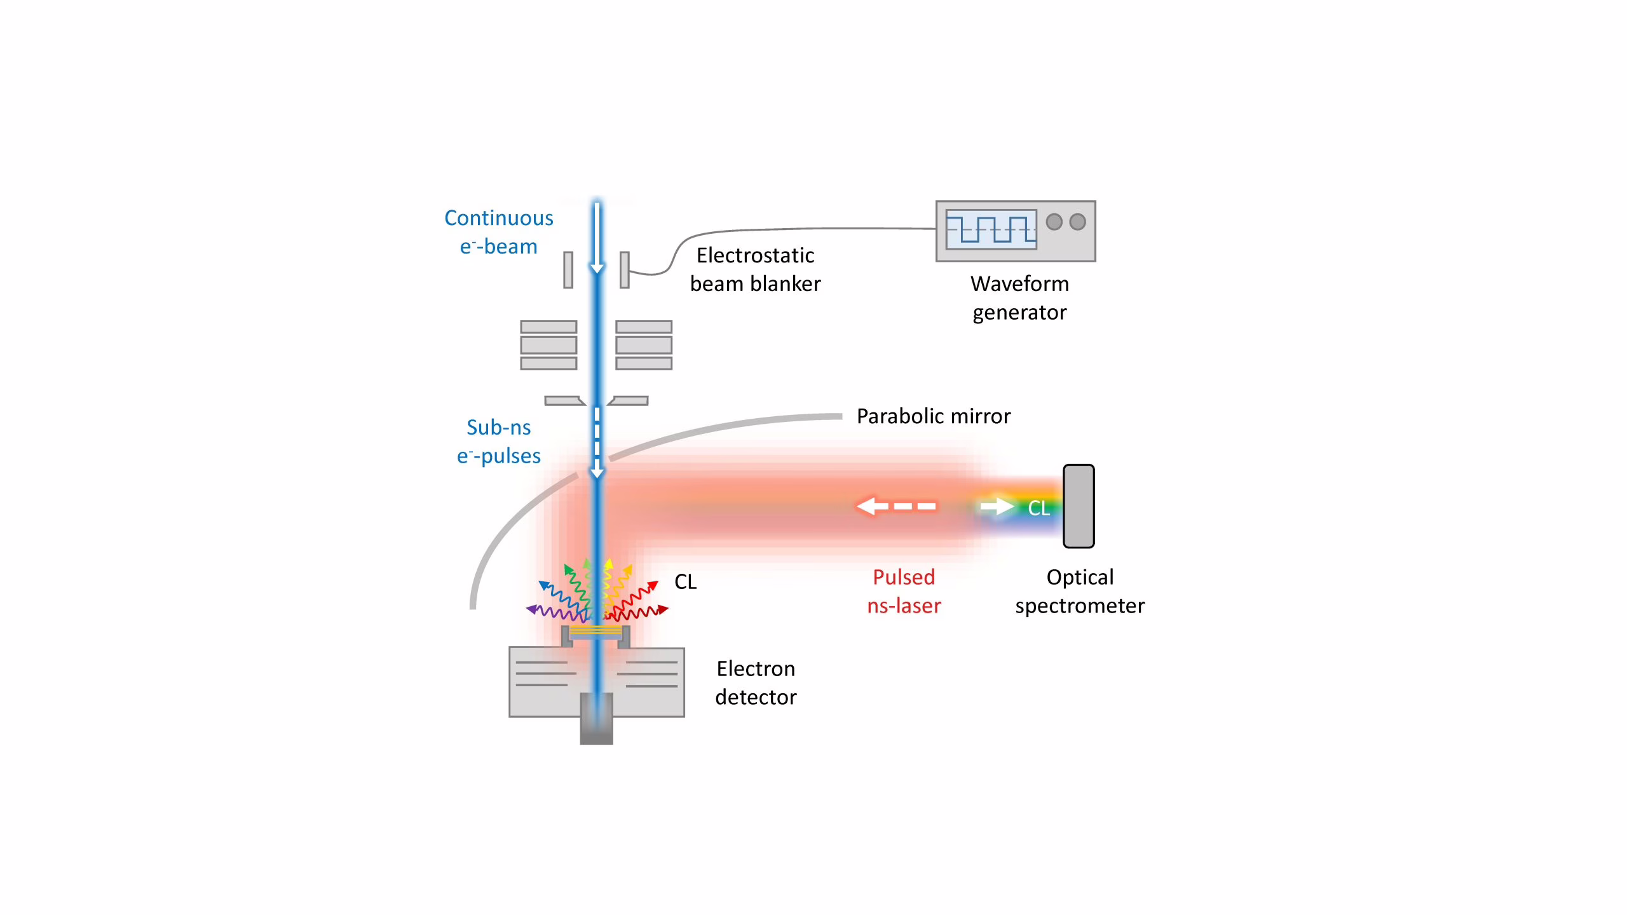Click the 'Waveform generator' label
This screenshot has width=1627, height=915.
(x=1019, y=298)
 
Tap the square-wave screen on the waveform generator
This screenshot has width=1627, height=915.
(x=991, y=229)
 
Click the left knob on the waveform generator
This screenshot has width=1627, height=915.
(x=1054, y=222)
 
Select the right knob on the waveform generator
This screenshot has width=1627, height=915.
(x=1077, y=222)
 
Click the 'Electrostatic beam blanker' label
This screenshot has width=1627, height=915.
(x=755, y=269)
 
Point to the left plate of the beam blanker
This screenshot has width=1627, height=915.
(x=568, y=270)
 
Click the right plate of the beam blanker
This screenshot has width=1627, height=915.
(x=625, y=270)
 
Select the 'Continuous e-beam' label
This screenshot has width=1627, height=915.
(x=499, y=232)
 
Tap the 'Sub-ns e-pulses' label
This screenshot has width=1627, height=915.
(x=499, y=442)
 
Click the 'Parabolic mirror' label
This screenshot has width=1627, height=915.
(x=934, y=416)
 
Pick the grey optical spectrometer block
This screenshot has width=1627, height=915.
(x=1079, y=506)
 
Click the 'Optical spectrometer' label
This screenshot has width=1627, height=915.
(x=1080, y=592)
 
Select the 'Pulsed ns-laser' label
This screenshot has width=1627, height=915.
(x=904, y=592)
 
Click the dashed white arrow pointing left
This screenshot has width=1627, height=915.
(x=895, y=506)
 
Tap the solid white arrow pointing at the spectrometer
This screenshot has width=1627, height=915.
(x=997, y=506)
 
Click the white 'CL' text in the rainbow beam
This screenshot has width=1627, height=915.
(x=1038, y=508)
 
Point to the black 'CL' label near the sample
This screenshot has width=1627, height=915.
(x=685, y=582)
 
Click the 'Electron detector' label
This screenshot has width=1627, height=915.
(x=756, y=683)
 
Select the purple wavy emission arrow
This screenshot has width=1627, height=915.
(x=556, y=613)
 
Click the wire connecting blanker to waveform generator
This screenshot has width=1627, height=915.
(x=763, y=229)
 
